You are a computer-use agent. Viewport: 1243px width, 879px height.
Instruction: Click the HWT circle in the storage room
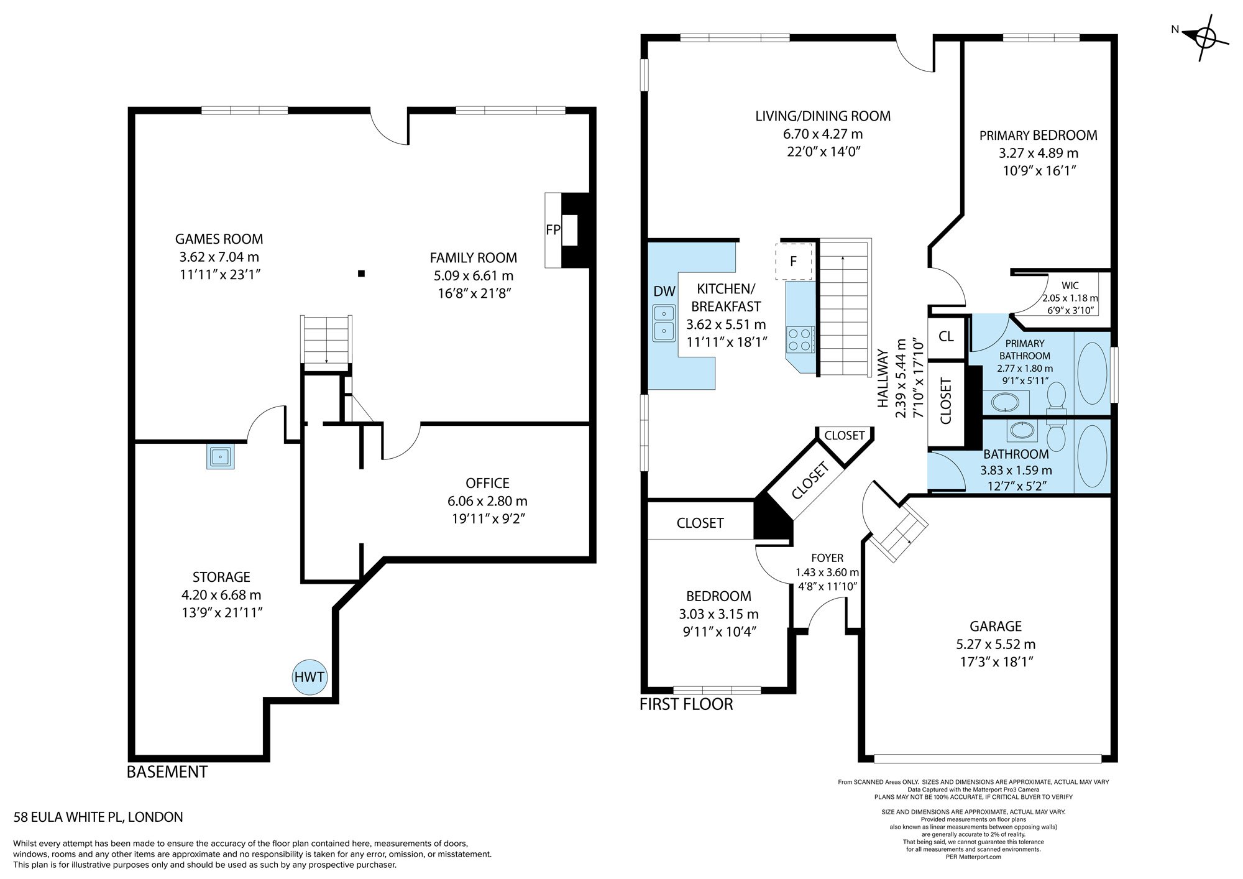click(x=309, y=676)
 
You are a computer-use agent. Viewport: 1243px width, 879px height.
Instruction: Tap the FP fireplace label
click(x=553, y=230)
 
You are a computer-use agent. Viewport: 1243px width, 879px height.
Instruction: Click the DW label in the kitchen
click(x=664, y=292)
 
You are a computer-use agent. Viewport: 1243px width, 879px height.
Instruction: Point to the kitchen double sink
click(x=664, y=323)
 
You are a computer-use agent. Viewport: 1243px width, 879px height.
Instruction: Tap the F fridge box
click(x=793, y=261)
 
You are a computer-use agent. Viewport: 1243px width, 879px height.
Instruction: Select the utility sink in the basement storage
click(x=221, y=457)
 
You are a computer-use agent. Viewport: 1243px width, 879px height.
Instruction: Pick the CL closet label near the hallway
click(x=946, y=336)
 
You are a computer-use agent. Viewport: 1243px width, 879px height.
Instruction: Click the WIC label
click(x=1070, y=285)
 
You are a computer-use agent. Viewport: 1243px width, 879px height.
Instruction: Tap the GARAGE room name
click(x=996, y=626)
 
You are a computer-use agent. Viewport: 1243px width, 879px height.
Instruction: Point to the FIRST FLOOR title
click(x=686, y=704)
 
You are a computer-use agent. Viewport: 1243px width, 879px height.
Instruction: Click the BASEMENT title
click(x=167, y=772)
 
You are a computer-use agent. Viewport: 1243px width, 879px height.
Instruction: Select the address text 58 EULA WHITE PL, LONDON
click(x=98, y=817)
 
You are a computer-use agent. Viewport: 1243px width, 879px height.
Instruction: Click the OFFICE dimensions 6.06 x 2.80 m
click(x=487, y=501)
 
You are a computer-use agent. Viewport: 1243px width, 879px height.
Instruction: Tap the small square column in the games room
click(x=361, y=273)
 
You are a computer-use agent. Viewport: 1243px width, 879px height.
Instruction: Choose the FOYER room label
click(x=827, y=558)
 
